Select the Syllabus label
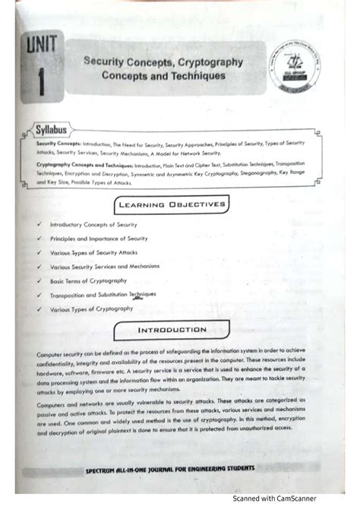[x=47, y=129]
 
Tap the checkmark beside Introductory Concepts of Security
[x=38, y=225]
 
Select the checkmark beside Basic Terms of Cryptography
[x=38, y=280]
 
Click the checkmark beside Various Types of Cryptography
[x=38, y=309]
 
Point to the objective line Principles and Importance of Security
[x=99, y=239]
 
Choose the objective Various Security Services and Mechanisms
[x=109, y=267]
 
